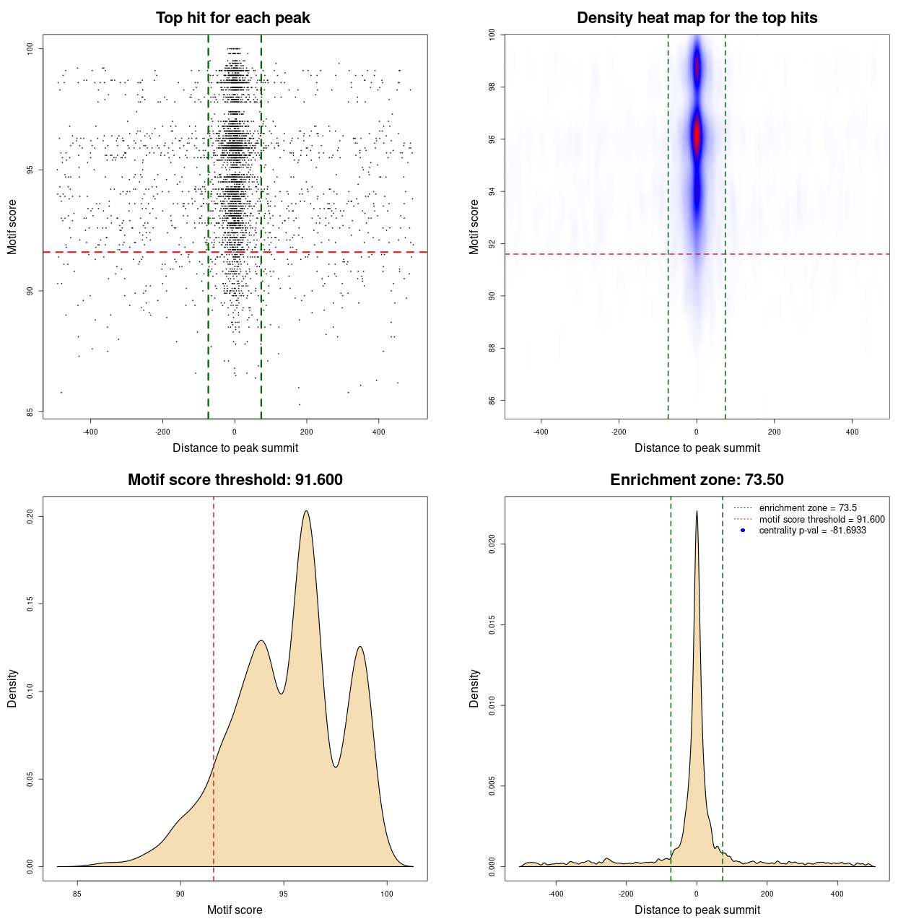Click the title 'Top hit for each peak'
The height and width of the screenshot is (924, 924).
[x=232, y=18]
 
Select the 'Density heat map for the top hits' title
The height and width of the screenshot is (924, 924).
[x=697, y=18]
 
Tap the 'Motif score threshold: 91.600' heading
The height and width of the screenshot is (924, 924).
[x=235, y=480]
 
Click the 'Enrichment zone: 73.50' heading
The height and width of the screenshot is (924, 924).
[x=697, y=480]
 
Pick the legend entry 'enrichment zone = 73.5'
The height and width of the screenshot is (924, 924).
[x=808, y=508]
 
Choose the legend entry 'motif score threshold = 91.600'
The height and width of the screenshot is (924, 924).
[x=821, y=519]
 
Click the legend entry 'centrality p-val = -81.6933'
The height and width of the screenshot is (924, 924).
[x=812, y=531]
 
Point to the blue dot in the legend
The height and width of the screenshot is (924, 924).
[x=743, y=531]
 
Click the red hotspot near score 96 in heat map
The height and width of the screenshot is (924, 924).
[x=697, y=136]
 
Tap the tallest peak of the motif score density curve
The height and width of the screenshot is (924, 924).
[x=307, y=511]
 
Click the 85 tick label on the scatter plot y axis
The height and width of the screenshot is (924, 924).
[x=30, y=412]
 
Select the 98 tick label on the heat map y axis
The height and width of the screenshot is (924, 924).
[x=492, y=87]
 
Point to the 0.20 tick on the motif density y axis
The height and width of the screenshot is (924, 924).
[x=30, y=516]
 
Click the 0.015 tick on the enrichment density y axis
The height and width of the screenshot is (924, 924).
[x=492, y=624]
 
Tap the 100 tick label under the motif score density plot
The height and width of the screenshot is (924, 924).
[x=386, y=894]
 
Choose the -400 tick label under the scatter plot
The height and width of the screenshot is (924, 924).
[x=90, y=432]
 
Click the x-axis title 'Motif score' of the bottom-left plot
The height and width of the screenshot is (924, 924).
[x=235, y=910]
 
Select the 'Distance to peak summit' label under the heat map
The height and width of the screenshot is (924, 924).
[x=697, y=448]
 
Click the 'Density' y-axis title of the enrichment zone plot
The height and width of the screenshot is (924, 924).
[x=474, y=688]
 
